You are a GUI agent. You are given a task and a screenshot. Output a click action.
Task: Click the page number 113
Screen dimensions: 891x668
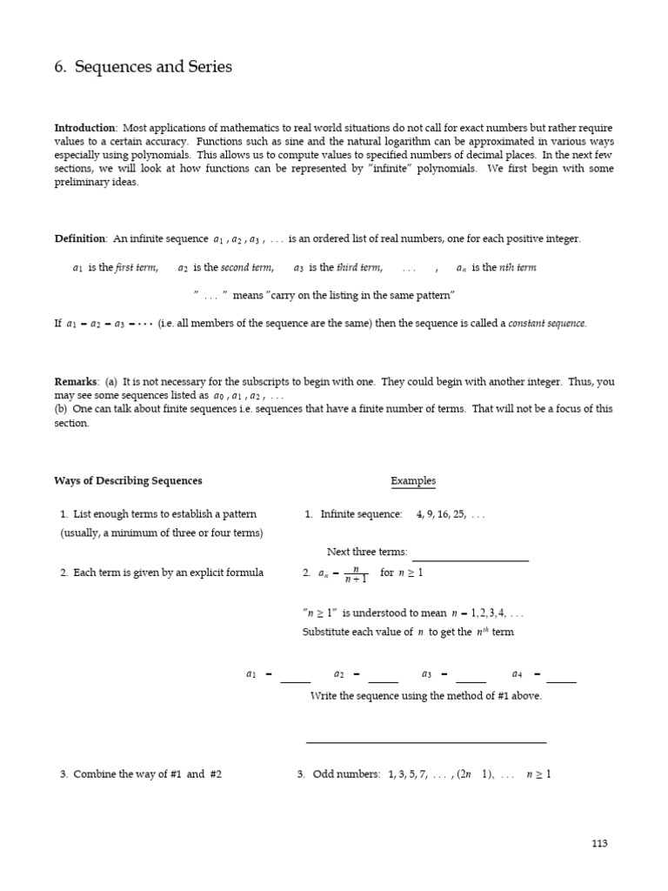(599, 843)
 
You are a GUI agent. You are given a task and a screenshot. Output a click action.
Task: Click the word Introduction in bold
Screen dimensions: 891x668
(84, 128)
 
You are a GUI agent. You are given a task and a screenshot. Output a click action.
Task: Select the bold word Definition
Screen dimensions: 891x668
(79, 238)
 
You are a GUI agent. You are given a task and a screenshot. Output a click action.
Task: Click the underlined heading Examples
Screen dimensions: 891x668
(413, 481)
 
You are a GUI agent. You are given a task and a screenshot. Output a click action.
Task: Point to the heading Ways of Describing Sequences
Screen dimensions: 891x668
(128, 481)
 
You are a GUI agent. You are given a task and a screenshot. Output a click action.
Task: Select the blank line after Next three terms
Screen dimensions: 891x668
(470, 557)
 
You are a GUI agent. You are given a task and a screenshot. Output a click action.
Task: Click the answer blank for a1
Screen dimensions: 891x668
(296, 679)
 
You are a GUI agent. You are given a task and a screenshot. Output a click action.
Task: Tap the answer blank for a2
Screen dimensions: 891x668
(384, 679)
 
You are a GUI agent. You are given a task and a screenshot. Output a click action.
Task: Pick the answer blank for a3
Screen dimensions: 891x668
(471, 679)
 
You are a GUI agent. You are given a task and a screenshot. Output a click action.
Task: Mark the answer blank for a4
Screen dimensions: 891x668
(561, 679)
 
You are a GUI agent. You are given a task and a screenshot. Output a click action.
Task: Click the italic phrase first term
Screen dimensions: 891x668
(137, 268)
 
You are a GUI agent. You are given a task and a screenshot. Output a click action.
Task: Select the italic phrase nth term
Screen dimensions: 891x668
(518, 268)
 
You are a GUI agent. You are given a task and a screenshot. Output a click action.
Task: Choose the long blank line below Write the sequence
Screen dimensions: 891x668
(426, 741)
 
